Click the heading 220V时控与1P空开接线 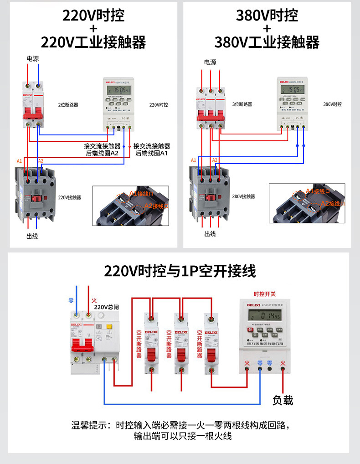click(x=180, y=272)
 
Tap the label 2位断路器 click(x=68, y=105)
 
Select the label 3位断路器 click(x=242, y=104)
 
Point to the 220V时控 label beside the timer click(x=159, y=105)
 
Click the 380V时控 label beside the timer click(x=332, y=104)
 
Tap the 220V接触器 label click(x=70, y=198)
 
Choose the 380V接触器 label click(x=243, y=196)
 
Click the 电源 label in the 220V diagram click(x=32, y=59)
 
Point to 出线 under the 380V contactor click(x=210, y=234)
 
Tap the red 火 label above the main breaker click(x=94, y=300)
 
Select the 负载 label click(x=283, y=400)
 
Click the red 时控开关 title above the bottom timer click(x=265, y=294)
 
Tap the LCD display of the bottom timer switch click(x=264, y=315)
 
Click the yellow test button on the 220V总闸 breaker click(x=109, y=326)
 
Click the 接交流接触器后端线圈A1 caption click(x=152, y=150)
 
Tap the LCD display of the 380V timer click(x=292, y=89)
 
